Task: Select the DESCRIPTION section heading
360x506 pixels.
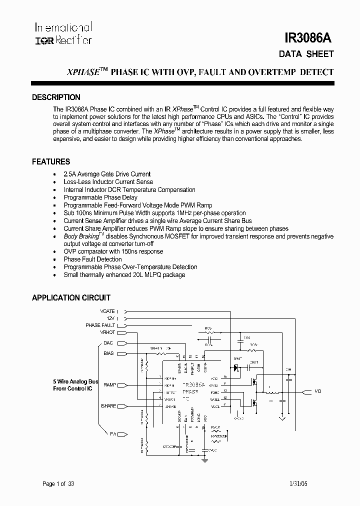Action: coord(56,97)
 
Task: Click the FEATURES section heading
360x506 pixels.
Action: coord(51,162)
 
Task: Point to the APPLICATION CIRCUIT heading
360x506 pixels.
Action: coord(71,298)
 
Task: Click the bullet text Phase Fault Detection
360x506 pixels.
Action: coord(92,259)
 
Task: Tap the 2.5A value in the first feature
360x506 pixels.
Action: coord(69,174)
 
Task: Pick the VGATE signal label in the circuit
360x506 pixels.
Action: coord(107,310)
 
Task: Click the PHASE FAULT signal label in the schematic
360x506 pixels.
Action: coord(100,325)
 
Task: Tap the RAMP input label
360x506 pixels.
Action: coord(109,385)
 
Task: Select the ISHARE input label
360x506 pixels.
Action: coord(108,406)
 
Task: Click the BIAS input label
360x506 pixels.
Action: coord(108,353)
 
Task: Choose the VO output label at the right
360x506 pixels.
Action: coord(318,391)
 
